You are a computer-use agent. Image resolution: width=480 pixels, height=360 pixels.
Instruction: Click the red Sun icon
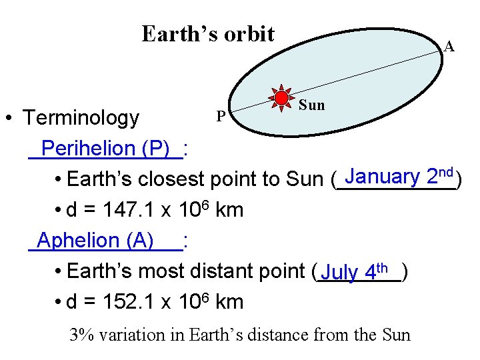[x=282, y=99]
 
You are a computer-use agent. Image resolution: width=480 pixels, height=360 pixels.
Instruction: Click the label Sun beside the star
[x=311, y=105]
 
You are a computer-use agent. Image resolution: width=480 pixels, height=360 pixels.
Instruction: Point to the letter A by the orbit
[x=449, y=47]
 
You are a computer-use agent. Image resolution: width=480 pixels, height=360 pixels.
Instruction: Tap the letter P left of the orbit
[x=221, y=117]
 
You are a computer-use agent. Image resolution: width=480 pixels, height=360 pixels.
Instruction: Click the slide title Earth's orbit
[x=208, y=33]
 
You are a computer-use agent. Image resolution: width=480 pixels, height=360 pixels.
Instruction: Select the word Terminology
[x=81, y=118]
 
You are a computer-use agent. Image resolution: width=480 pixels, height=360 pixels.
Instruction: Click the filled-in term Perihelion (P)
[x=105, y=148]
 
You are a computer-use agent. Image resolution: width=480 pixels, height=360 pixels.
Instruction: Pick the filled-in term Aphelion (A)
[x=96, y=240]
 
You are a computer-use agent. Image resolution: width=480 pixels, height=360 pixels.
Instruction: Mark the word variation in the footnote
[x=135, y=335]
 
